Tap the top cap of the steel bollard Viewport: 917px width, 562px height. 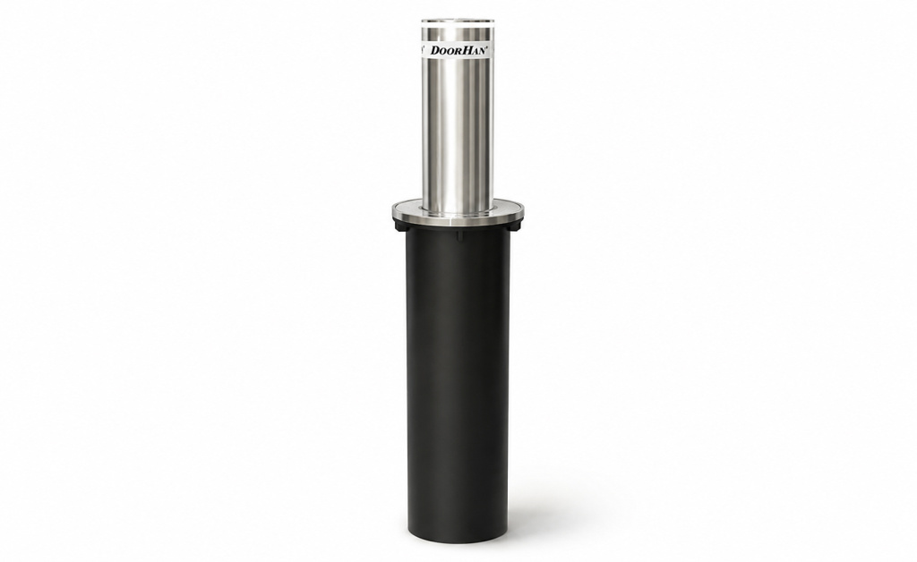[x=458, y=22]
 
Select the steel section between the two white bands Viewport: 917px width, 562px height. [x=458, y=36]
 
